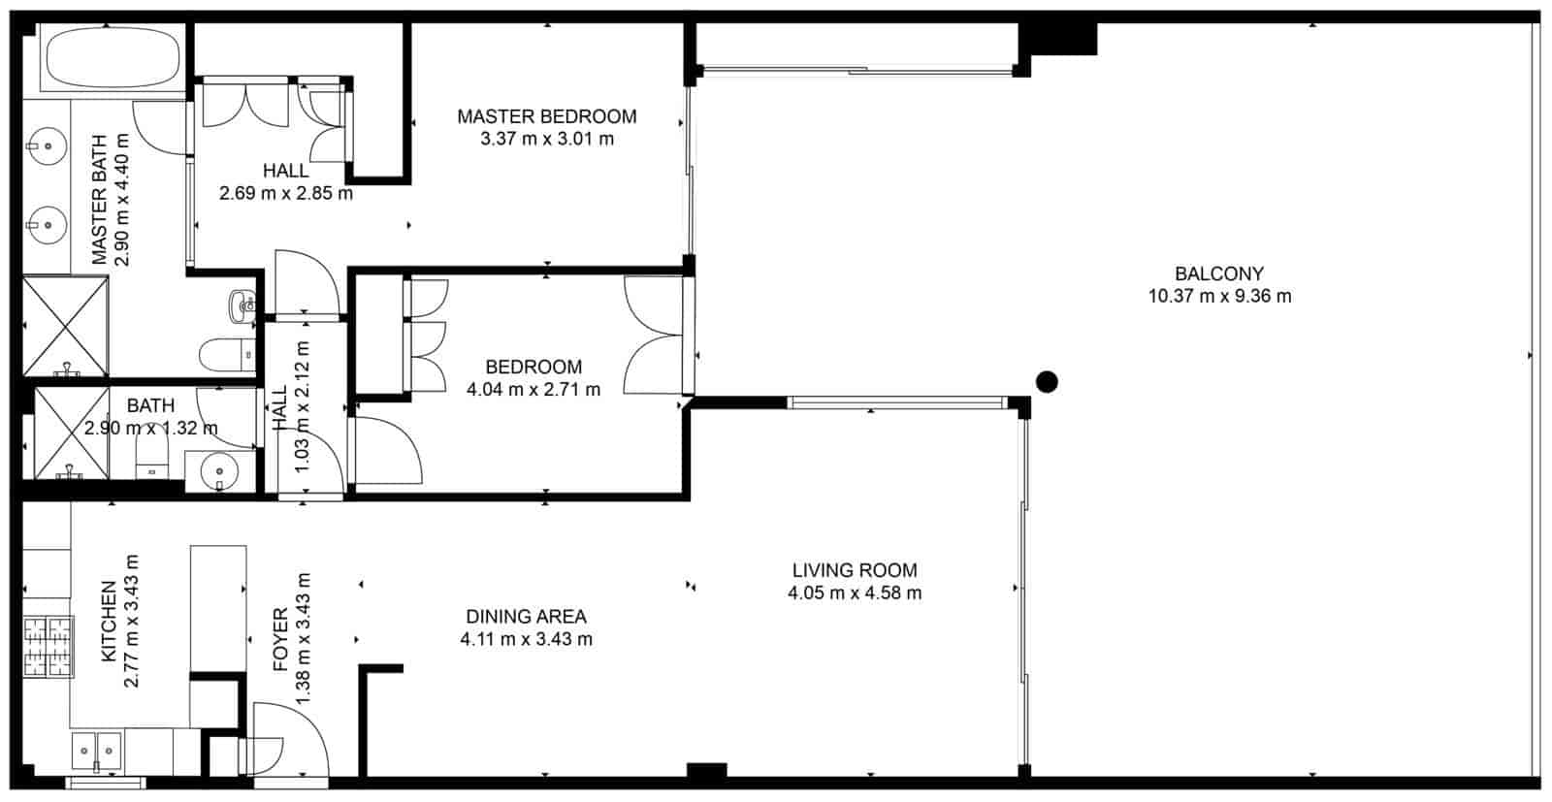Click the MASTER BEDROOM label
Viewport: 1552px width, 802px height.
tap(547, 116)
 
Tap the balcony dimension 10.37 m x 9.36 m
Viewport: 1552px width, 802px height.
tap(1219, 297)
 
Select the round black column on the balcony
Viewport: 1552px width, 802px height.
tap(1046, 381)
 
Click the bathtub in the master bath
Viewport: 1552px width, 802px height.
tap(113, 58)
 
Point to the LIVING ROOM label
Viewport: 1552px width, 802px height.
tap(855, 570)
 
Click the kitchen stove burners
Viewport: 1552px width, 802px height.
tap(48, 647)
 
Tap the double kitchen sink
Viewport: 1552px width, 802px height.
tap(96, 750)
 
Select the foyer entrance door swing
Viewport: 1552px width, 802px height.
tap(289, 737)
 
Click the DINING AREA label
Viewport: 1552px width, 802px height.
tap(526, 616)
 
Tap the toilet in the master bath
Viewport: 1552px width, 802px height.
tap(227, 354)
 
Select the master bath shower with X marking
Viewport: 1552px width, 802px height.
tap(65, 326)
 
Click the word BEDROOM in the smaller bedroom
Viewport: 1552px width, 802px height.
tap(533, 367)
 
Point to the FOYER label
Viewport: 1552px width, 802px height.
tap(280, 640)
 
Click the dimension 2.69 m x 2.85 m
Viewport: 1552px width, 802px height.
tap(285, 193)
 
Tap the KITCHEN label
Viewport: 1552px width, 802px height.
tap(109, 621)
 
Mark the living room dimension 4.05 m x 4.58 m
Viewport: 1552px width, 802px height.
tap(855, 593)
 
